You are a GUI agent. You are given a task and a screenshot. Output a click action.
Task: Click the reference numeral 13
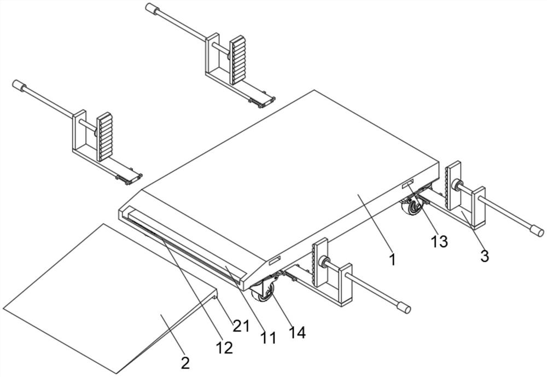[x=439, y=241]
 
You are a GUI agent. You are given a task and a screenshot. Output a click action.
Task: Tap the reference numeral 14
[x=298, y=332]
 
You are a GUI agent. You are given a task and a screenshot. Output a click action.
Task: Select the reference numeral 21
[x=241, y=326]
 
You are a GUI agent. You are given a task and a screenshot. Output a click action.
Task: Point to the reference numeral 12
[x=224, y=347]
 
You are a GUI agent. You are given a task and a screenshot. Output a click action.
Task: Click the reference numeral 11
[x=268, y=338]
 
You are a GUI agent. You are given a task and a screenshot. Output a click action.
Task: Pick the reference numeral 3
[x=484, y=256]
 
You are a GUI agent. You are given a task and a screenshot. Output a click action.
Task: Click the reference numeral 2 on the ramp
[x=185, y=362]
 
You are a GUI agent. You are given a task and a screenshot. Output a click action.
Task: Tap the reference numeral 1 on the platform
[x=392, y=259]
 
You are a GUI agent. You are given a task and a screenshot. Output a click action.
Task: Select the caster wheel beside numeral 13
[x=412, y=209]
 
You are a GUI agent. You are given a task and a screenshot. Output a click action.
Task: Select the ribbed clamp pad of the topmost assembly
[x=237, y=59]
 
